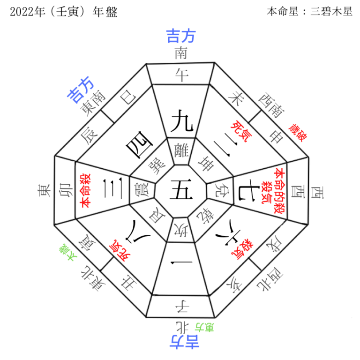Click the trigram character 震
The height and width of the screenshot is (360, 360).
(140, 192)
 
